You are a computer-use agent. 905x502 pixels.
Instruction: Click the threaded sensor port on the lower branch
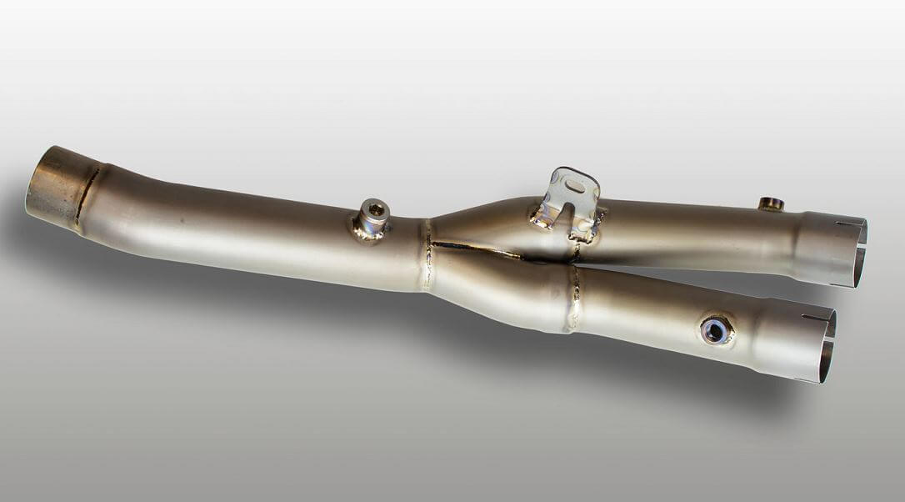pos(716,330)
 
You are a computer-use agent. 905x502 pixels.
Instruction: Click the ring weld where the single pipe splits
pos(427,254)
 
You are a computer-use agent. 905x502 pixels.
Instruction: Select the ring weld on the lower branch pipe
pos(574,298)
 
